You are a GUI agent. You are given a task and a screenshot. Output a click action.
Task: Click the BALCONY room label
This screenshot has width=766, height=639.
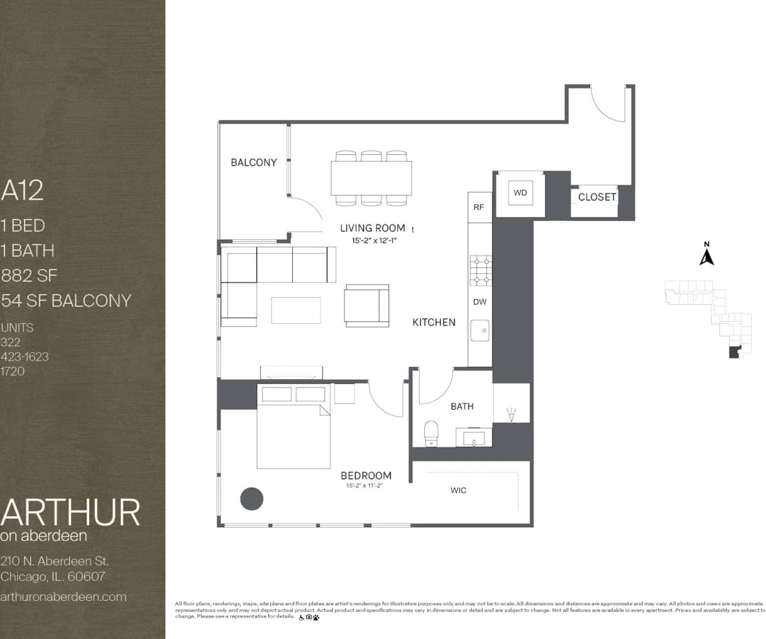click(253, 162)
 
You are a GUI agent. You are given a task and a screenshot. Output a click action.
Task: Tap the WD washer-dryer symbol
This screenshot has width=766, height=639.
click(520, 193)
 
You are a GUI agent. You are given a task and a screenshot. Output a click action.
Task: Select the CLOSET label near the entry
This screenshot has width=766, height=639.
click(597, 197)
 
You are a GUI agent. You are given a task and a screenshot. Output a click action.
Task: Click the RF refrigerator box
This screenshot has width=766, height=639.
click(479, 207)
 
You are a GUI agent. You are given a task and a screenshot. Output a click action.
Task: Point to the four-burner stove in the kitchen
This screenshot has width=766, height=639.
click(480, 270)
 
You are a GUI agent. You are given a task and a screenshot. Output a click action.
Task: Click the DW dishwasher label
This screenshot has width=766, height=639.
click(480, 302)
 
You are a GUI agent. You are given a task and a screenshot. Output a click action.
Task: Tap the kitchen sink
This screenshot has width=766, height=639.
click(480, 331)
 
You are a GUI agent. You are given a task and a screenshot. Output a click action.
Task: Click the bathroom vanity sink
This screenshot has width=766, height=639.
click(474, 438)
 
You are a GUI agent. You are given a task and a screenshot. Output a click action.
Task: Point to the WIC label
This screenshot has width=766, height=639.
click(458, 490)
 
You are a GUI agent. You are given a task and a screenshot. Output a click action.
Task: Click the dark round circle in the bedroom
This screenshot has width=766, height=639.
click(251, 498)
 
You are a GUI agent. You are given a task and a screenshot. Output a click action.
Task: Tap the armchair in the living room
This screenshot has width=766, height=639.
click(367, 305)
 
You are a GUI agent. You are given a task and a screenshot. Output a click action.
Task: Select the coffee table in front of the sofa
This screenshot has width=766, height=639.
click(296, 309)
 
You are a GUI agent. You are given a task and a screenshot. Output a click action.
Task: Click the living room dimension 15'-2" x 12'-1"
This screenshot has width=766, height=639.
click(373, 240)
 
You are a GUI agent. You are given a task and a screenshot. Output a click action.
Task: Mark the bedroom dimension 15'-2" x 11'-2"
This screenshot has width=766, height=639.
click(366, 486)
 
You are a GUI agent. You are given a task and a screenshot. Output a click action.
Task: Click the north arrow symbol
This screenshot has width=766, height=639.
click(707, 255)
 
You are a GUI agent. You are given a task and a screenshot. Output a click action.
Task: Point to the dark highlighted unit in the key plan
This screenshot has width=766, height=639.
click(734, 352)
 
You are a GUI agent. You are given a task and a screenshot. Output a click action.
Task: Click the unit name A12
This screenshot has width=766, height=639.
click(23, 191)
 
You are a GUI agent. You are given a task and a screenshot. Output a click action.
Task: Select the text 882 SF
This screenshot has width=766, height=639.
click(29, 276)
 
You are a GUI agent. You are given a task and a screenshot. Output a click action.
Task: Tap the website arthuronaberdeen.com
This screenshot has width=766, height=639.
click(63, 597)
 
